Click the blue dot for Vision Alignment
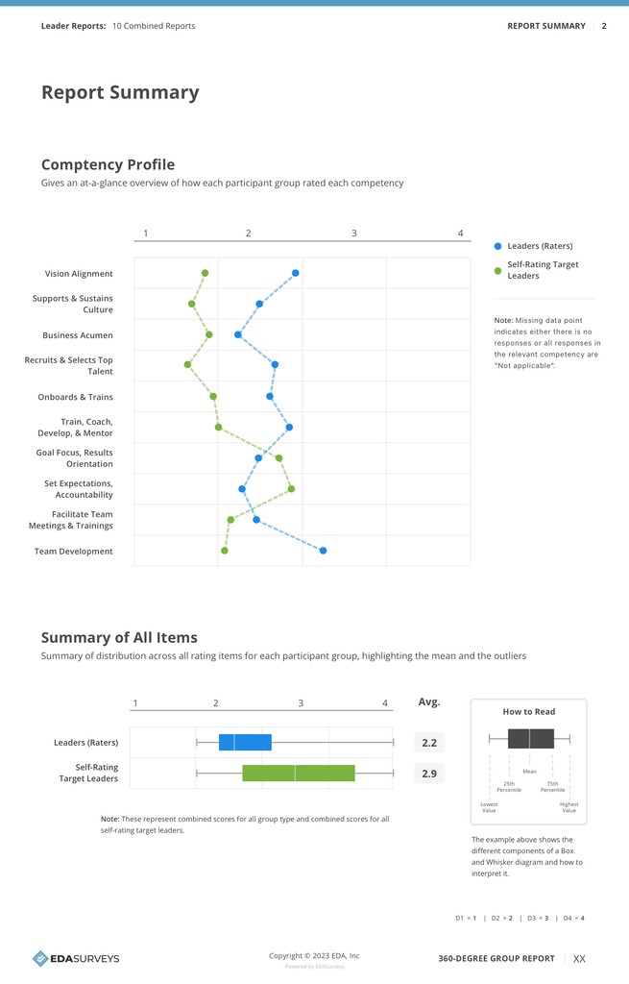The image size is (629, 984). tap(296, 273)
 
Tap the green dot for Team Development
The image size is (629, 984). tap(225, 551)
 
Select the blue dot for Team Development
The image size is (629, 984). tap(323, 551)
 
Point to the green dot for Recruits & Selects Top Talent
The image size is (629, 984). tap(188, 364)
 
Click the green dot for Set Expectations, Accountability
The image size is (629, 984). tap(291, 489)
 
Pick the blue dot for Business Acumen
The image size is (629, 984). tap(238, 334)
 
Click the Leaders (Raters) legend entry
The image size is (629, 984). tap(539, 246)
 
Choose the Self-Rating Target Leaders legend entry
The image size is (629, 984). tap(542, 270)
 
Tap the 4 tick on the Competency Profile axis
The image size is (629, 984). tap(460, 234)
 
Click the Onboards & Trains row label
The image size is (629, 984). tap(75, 397)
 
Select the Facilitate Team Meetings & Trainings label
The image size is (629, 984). tap(71, 520)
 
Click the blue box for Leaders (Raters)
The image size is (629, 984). tap(245, 742)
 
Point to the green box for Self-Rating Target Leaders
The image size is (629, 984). tap(299, 773)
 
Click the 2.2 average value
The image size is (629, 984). tap(429, 743)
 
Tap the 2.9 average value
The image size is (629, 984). tap(429, 774)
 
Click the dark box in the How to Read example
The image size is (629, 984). tap(530, 739)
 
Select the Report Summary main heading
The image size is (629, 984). tap(120, 92)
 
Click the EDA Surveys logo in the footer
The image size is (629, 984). tap(76, 958)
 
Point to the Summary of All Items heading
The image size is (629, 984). tap(119, 637)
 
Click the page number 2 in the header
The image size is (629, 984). tap(604, 26)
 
